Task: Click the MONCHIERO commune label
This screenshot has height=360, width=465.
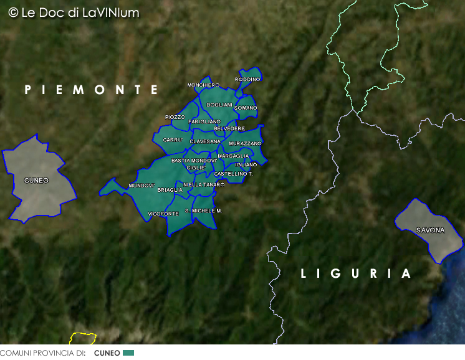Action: point(203,85)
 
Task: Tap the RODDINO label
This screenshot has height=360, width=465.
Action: point(247,79)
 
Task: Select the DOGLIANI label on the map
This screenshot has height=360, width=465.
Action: point(219,105)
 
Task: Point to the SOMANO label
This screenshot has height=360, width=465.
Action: point(246,108)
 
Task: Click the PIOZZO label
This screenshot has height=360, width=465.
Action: point(175,117)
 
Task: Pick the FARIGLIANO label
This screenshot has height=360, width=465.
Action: point(204,121)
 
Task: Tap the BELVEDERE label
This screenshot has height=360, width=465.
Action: point(229,128)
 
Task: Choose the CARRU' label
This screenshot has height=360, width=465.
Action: point(172,140)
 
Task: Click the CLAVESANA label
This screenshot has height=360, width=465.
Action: point(205,141)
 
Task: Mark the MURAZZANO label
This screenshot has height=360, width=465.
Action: point(245,144)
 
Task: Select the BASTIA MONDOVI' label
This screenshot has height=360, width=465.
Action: point(194,160)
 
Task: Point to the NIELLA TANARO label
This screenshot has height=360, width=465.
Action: point(204,185)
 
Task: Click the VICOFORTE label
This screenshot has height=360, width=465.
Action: point(163,214)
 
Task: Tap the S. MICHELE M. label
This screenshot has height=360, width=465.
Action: point(203,211)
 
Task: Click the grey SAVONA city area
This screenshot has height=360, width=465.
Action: point(430,230)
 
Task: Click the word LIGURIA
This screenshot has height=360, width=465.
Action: point(356,273)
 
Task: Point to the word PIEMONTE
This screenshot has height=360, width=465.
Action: point(92,90)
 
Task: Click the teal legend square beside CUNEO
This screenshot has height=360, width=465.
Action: point(128,353)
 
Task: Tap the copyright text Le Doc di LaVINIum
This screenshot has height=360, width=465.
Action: point(74,12)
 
